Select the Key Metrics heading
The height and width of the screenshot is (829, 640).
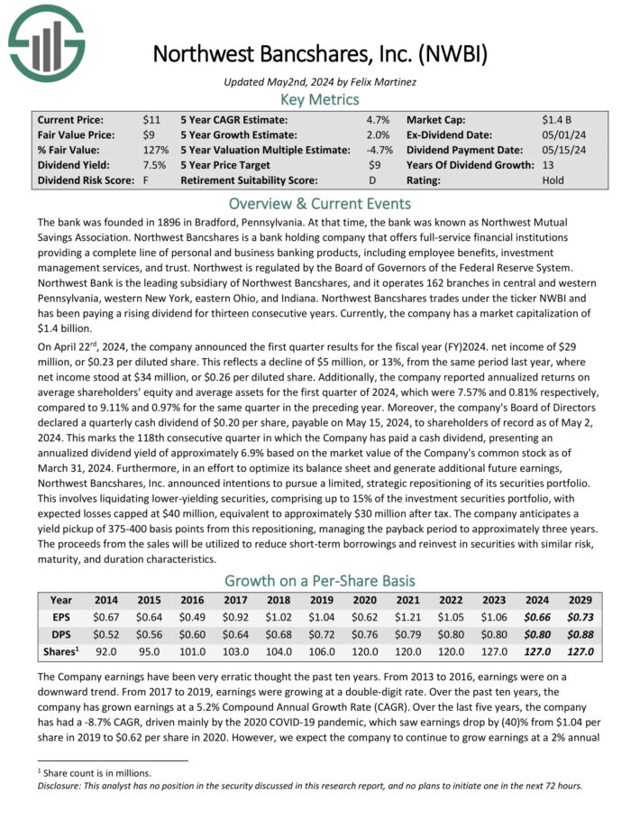[320, 99]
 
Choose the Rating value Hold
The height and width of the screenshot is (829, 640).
[553, 180]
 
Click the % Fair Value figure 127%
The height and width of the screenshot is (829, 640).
[155, 150]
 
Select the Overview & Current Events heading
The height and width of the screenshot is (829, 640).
[320, 203]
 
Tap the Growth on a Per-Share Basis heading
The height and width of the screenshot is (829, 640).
[320, 580]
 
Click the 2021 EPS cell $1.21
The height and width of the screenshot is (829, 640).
[407, 616]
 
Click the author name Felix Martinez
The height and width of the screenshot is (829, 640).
[385, 82]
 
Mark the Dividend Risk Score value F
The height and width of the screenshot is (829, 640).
[145, 180]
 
